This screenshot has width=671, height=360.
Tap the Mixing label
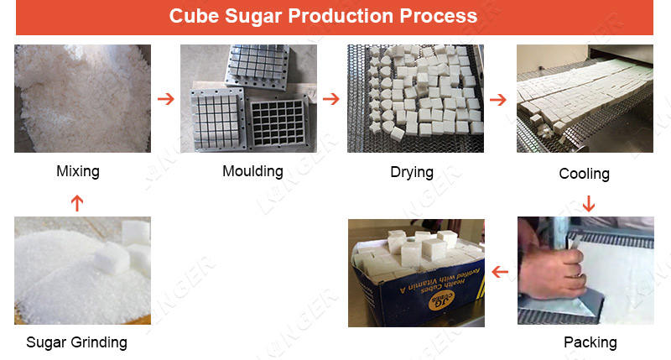pyautogui.click(x=78, y=171)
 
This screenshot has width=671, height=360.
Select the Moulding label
pyautogui.click(x=252, y=171)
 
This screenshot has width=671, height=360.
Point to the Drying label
pyautogui.click(x=412, y=172)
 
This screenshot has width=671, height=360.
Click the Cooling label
pyautogui.click(x=584, y=174)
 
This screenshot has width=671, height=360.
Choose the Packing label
pyautogui.click(x=590, y=342)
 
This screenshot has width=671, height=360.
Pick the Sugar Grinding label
pyautogui.click(x=76, y=342)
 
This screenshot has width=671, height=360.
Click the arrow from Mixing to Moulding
pyautogui.click(x=166, y=99)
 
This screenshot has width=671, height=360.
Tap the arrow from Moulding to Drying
pyautogui.click(x=331, y=99)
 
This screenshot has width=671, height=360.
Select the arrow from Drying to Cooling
pyautogui.click(x=498, y=100)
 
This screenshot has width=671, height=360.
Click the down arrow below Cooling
pyautogui.click(x=588, y=202)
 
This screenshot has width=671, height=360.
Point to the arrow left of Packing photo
pyautogui.click(x=500, y=272)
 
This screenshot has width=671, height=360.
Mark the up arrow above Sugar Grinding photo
pyautogui.click(x=77, y=202)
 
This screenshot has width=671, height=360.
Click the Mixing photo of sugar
pyautogui.click(x=82, y=98)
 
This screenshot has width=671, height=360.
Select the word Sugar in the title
pyautogui.click(x=246, y=17)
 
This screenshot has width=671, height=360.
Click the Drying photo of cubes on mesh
pyautogui.click(x=415, y=98)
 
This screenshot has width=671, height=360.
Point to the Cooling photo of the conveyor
pyautogui.click(x=585, y=98)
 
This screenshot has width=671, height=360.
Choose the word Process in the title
pyautogui.click(x=438, y=17)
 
